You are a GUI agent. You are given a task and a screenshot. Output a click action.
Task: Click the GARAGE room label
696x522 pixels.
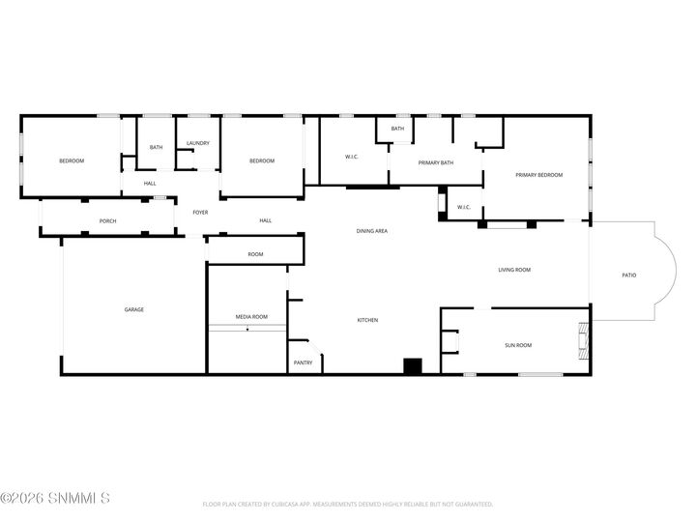[x=133, y=309]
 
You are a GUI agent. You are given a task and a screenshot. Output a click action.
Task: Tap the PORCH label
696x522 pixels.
[x=108, y=221]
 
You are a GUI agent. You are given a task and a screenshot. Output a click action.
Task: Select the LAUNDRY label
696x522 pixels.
[x=198, y=144]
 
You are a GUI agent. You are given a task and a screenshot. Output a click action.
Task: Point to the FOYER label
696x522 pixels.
[x=200, y=212]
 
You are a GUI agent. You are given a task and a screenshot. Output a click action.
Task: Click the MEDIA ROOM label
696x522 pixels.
[x=251, y=317]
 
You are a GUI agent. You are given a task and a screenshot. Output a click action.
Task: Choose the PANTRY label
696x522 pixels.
[x=303, y=363]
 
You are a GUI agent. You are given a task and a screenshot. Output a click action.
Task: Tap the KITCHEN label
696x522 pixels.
[x=367, y=320]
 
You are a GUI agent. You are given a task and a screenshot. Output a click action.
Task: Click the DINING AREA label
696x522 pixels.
[x=372, y=231]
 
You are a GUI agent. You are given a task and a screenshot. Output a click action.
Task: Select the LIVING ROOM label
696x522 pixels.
[x=514, y=270]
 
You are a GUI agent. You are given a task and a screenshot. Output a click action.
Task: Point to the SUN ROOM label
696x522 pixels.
[x=518, y=345]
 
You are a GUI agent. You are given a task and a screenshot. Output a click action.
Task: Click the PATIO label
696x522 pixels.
[x=628, y=275]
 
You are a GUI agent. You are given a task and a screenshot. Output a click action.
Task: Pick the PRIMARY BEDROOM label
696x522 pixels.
[x=538, y=175]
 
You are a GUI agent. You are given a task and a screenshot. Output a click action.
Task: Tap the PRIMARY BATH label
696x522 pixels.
[x=436, y=162]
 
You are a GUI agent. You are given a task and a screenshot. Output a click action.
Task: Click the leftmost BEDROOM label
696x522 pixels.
[x=72, y=160]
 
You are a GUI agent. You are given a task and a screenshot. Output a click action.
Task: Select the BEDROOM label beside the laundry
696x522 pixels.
[x=261, y=160]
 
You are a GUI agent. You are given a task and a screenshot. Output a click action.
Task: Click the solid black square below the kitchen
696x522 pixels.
[x=413, y=366]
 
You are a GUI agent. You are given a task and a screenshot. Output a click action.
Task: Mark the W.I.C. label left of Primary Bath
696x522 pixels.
[x=352, y=157]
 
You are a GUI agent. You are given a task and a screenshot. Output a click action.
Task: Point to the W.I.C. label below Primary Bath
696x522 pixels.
[x=463, y=206]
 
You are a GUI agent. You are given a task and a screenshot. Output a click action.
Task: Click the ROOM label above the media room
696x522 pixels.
[x=255, y=254]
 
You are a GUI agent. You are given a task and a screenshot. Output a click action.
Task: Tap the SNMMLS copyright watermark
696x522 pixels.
[x=55, y=499]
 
